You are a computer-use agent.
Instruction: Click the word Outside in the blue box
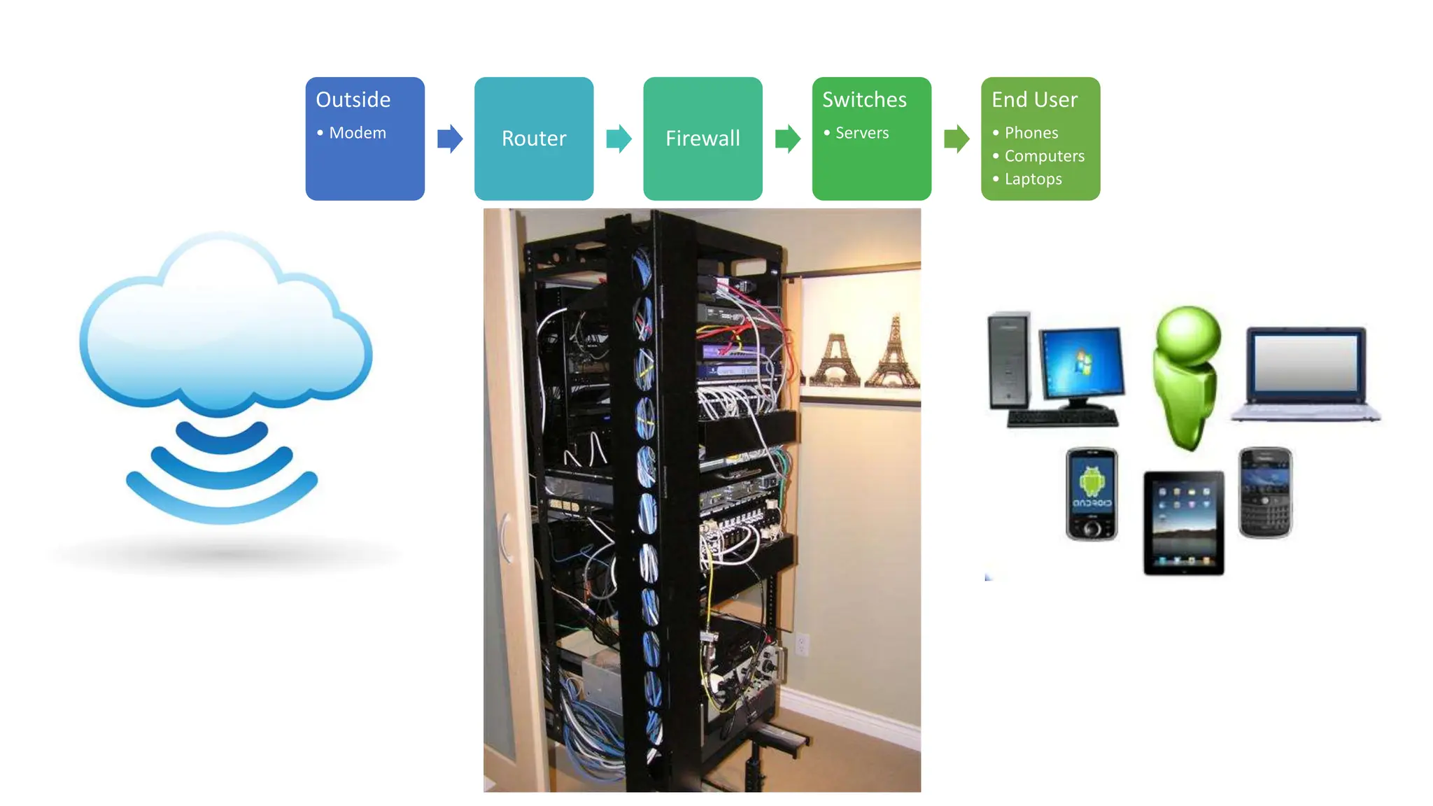[x=353, y=100]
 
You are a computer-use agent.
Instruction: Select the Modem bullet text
[x=357, y=133]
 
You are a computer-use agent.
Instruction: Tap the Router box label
[x=533, y=139]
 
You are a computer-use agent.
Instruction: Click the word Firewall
[x=703, y=139]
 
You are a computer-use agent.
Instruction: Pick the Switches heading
[x=864, y=100]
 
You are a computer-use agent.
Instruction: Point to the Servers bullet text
[x=861, y=133]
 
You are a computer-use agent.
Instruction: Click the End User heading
[x=1034, y=100]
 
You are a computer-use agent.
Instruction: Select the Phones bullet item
[x=1031, y=133]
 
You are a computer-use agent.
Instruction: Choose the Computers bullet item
[x=1044, y=156]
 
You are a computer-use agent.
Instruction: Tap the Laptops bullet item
[x=1033, y=179]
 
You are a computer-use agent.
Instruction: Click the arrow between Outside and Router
[x=450, y=139]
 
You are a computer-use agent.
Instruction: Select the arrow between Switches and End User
[x=956, y=139]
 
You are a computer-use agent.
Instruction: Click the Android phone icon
[x=1092, y=494]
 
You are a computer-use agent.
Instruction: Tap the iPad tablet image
[x=1184, y=523]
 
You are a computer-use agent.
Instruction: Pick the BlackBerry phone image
[x=1265, y=493]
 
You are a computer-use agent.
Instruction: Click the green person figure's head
[x=1188, y=335]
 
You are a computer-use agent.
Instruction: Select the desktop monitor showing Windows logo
[x=1082, y=364]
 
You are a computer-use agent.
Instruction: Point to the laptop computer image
[x=1306, y=374]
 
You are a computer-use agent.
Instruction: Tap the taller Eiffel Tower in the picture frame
[x=893, y=353]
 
